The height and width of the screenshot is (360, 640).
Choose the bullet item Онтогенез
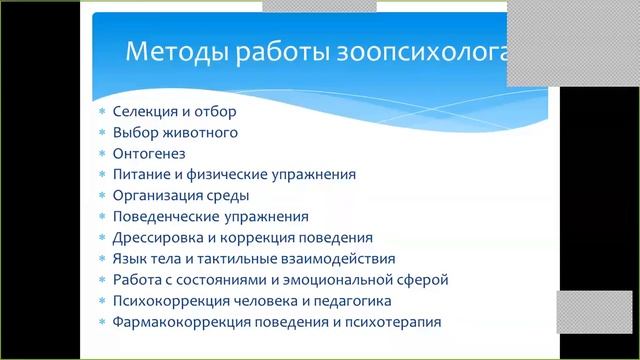click(149, 153)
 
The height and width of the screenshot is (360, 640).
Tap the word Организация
click(158, 195)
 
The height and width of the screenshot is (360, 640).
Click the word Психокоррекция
click(168, 301)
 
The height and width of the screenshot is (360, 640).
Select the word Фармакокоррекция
click(177, 322)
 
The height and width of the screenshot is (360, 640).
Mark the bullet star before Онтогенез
click(102, 153)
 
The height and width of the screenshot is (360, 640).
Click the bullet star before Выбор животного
click(102, 132)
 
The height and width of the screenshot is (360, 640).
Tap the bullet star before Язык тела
click(102, 259)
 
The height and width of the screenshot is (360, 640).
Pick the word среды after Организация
click(228, 195)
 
